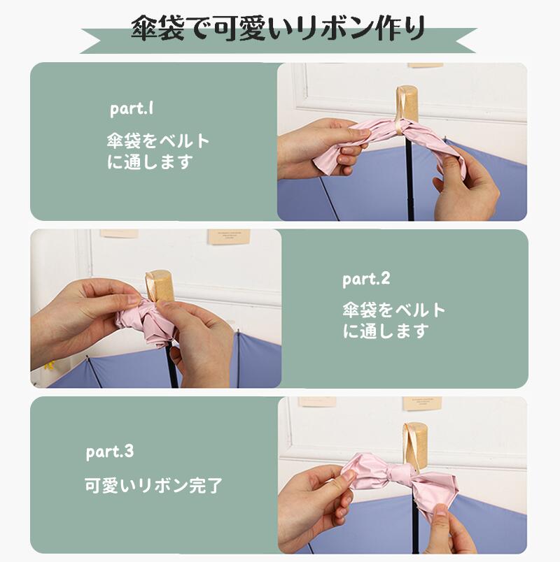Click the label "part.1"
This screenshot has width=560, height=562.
click(132, 108)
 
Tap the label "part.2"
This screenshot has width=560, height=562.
click(366, 279)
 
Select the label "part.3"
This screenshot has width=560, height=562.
click(109, 452)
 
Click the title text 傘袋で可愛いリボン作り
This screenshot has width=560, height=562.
click(279, 27)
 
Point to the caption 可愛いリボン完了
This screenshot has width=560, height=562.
click(153, 486)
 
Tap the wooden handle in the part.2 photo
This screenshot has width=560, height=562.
click(160, 287)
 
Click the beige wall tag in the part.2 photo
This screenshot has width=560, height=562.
click(229, 237)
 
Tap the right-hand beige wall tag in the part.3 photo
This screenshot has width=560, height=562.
click(422, 403)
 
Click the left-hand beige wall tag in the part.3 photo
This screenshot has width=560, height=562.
click(317, 401)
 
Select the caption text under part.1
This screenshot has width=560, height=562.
click(158, 151)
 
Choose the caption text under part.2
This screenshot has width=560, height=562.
click(394, 320)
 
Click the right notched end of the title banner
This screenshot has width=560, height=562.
click(466, 41)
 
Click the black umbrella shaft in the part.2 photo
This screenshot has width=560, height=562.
click(172, 363)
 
